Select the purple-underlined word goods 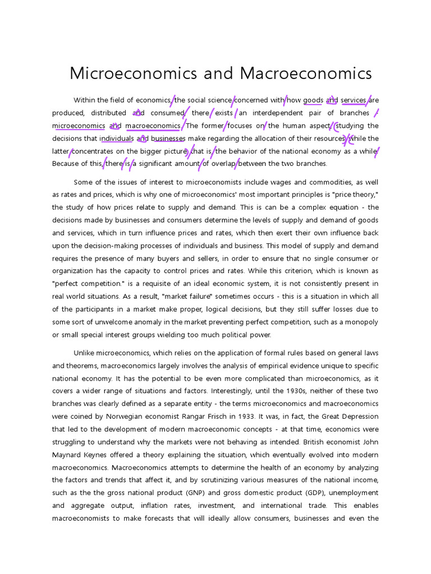tap(313, 100)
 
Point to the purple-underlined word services tap(353, 100)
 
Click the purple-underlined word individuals tap(116, 138)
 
